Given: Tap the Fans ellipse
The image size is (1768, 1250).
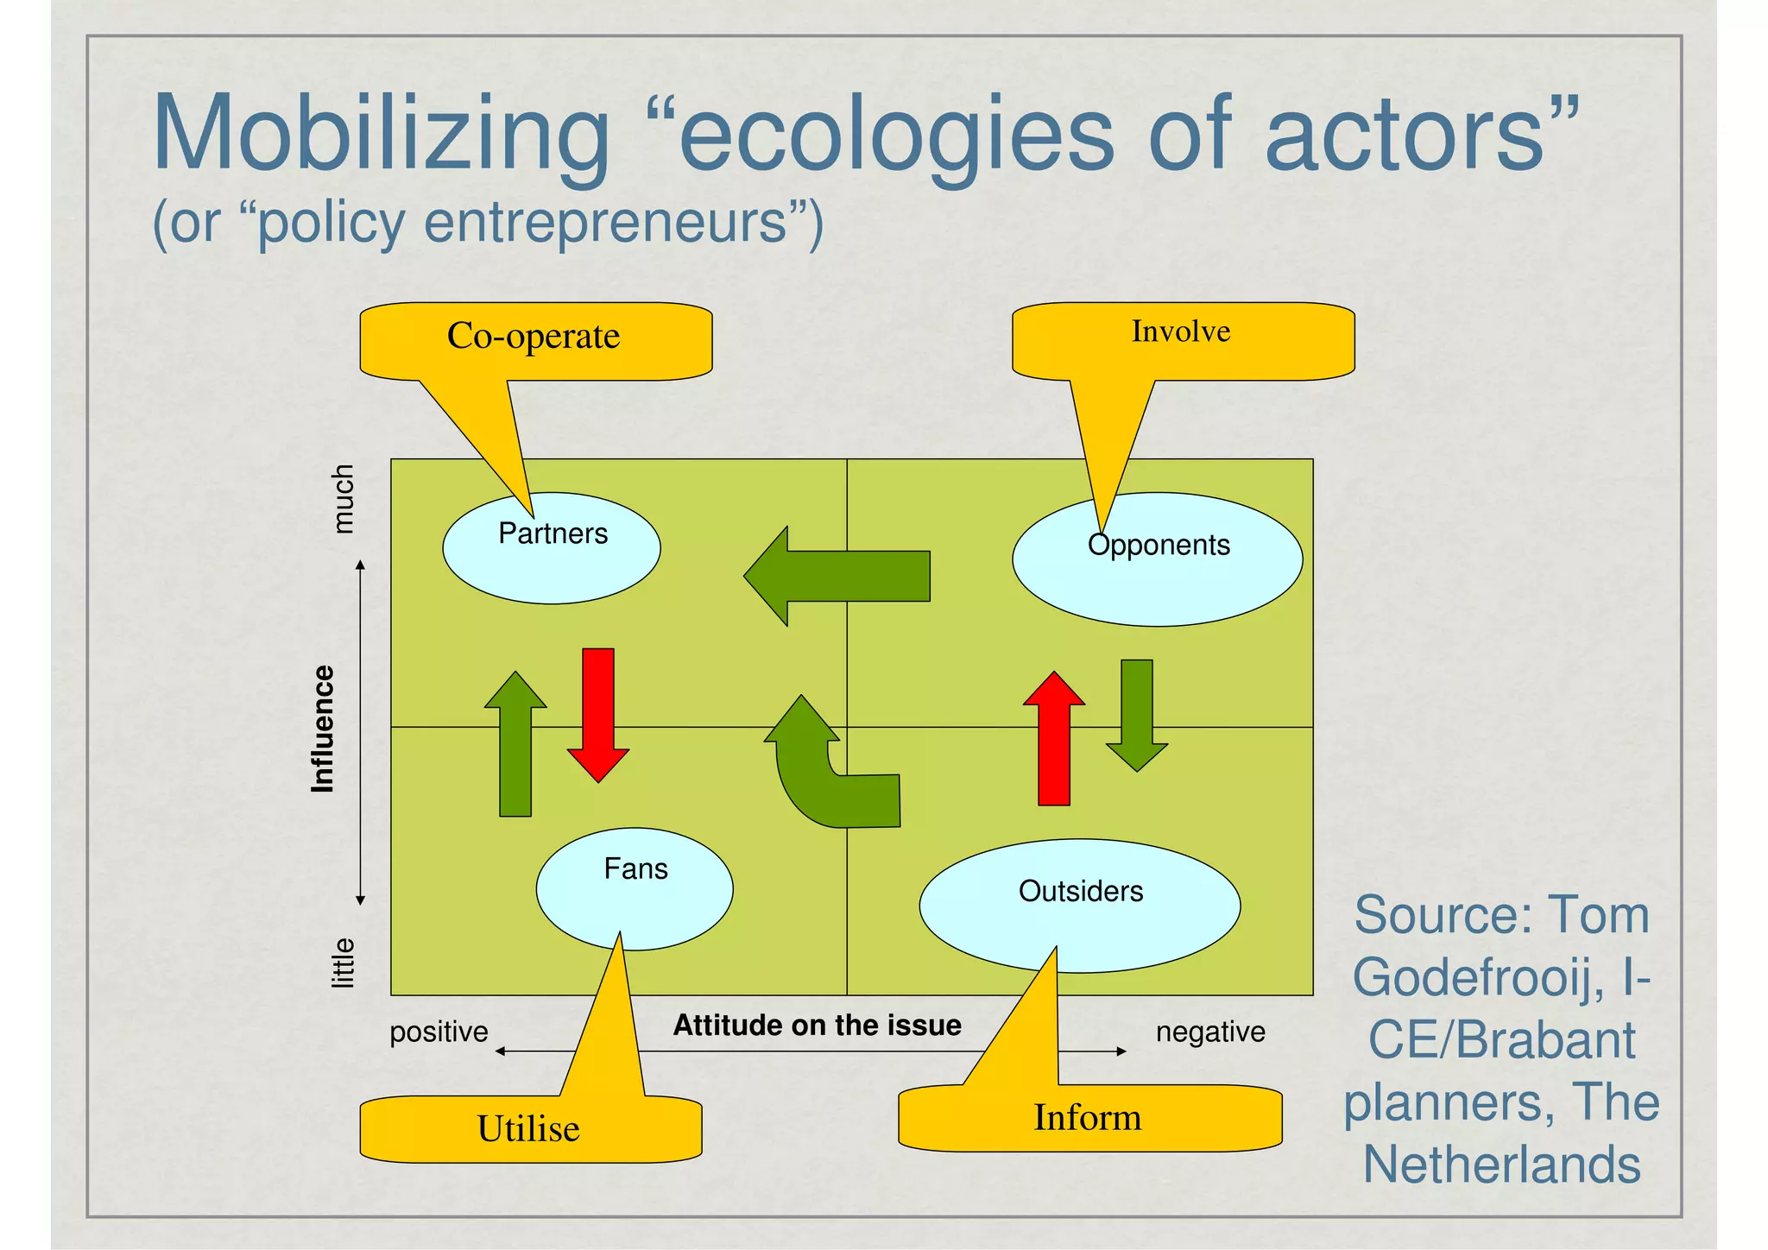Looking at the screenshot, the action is (x=635, y=889).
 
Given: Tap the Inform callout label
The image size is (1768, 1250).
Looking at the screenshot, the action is (x=1089, y=1119).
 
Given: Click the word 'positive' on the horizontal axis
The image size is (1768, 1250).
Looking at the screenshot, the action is (x=439, y=1032).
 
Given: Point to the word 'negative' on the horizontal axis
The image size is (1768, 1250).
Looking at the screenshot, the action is (x=1210, y=1032).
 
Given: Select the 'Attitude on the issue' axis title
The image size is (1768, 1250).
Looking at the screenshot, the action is (x=817, y=1026).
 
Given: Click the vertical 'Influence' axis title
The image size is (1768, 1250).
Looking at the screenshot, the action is (x=323, y=729).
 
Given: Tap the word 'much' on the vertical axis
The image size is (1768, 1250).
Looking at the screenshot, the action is (x=344, y=499).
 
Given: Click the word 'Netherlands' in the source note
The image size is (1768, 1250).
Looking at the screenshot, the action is (x=1501, y=1165).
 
